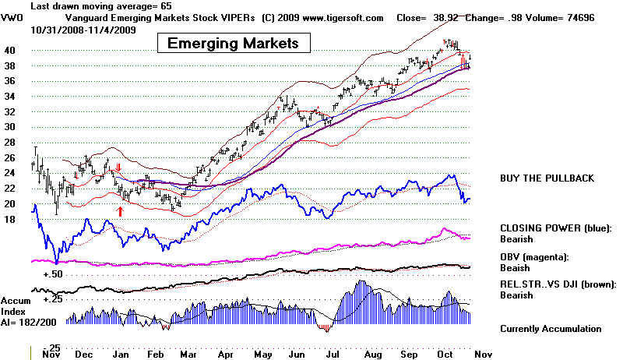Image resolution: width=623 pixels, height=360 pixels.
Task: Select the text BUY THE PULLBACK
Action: click(547, 178)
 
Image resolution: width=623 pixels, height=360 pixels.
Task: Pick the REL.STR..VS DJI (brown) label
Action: click(558, 284)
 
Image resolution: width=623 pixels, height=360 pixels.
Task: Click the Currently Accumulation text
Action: click(551, 329)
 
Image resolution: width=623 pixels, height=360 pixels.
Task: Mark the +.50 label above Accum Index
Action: click(51, 275)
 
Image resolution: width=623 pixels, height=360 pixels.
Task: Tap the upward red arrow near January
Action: click(120, 210)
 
